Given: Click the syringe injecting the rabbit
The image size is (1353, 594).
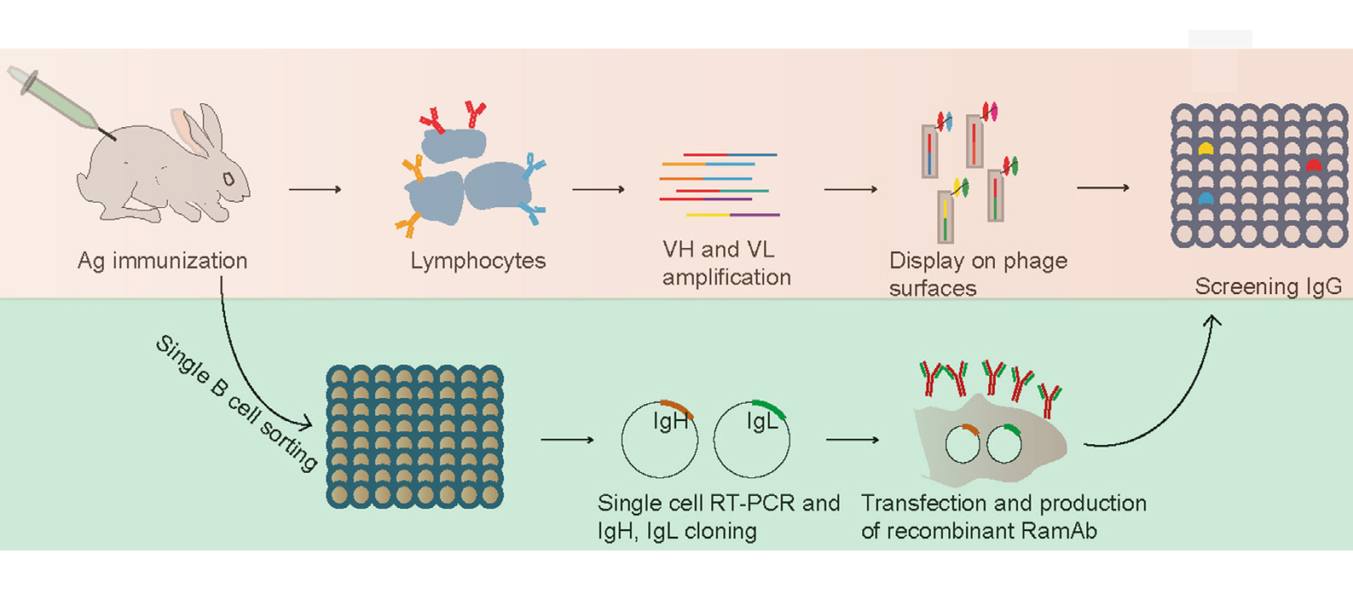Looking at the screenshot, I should click(x=60, y=103).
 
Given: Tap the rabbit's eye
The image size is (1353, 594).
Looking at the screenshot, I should click(x=228, y=179).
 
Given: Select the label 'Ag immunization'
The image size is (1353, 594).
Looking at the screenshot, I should click(x=162, y=261).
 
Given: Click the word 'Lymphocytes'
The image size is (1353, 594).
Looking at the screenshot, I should click(x=477, y=261).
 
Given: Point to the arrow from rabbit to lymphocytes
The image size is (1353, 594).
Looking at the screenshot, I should click(x=315, y=189).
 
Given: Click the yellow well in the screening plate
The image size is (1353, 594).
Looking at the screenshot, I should click(x=1206, y=149).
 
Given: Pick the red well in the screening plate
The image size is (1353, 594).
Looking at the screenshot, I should click(x=1314, y=164).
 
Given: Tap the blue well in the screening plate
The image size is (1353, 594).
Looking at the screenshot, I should click(x=1206, y=199).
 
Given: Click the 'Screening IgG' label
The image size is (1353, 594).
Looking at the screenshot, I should click(x=1268, y=286).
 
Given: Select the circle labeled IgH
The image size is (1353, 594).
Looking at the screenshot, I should click(x=659, y=440).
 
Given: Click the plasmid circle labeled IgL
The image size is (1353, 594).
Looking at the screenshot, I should click(x=751, y=440).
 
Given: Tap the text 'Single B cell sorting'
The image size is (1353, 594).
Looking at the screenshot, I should click(x=236, y=401).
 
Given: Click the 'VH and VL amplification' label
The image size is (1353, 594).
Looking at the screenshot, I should click(x=726, y=263).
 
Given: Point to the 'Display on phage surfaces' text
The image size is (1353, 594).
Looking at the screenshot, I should click(x=978, y=274).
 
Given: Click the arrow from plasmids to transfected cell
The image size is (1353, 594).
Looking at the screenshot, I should click(x=853, y=440).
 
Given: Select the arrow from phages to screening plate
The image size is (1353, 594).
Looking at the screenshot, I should click(x=1103, y=187).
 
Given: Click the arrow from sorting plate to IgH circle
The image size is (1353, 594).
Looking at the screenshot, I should click(x=567, y=440).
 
